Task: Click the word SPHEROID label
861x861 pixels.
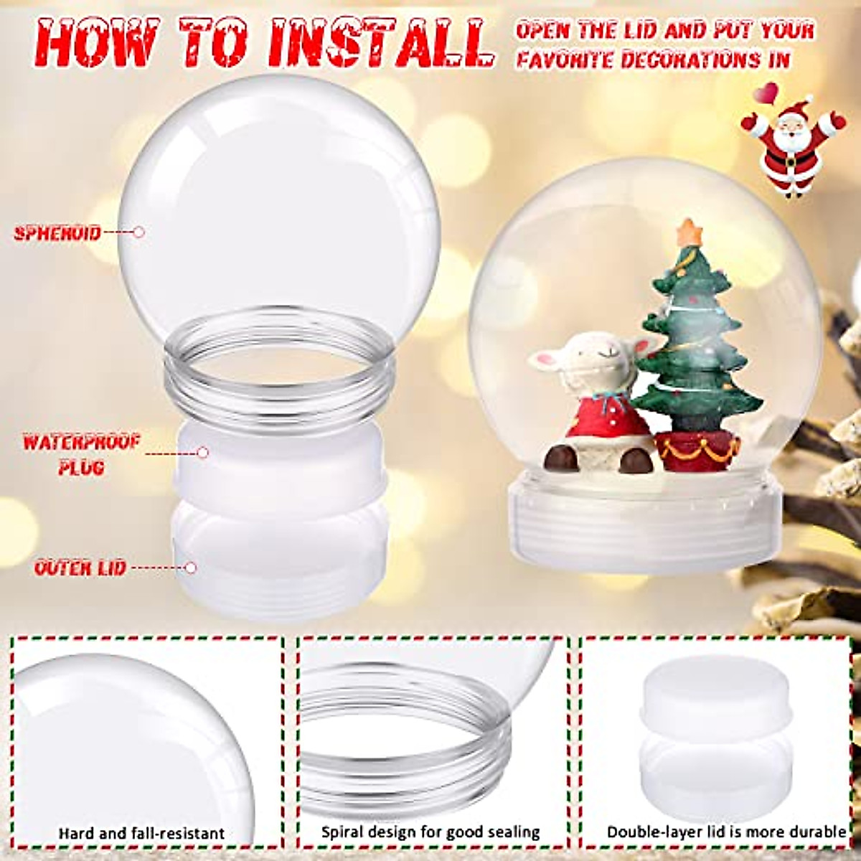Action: pos(57,232)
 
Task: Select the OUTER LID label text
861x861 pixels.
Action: pos(80,568)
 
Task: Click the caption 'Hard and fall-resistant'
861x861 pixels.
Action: pos(141,834)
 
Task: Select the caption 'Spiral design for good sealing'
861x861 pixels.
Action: pos(430,832)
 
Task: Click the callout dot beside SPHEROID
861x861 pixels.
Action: pos(139,232)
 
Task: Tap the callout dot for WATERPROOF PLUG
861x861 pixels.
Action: pos(203,453)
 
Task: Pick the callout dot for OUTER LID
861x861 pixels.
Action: pos(190,568)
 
